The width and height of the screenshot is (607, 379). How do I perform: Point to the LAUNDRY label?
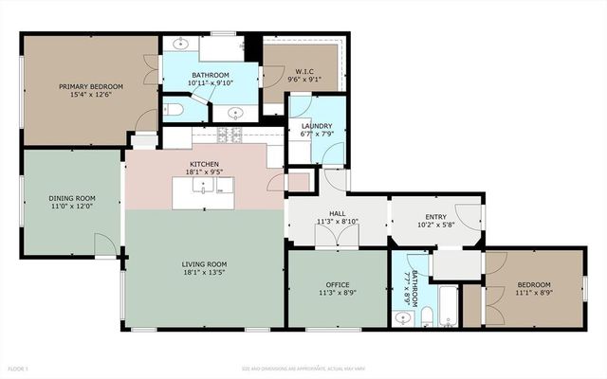tap(317, 126)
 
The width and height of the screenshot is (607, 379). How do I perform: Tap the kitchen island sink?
tap(202, 189)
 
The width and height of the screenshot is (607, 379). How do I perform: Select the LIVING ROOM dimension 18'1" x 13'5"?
tap(204, 273)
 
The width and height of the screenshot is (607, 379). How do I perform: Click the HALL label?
tap(337, 214)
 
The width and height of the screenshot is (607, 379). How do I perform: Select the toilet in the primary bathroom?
tap(174, 111)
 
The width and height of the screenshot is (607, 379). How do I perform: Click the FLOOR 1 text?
tap(19, 367)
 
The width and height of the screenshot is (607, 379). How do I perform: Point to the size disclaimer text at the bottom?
tap(303, 367)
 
